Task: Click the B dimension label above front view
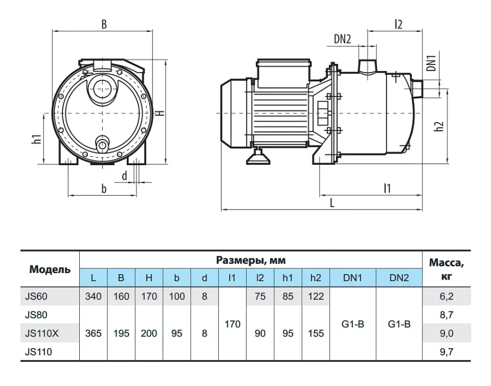[x=104, y=24]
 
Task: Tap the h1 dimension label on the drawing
[x=37, y=139]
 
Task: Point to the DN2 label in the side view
[x=342, y=39]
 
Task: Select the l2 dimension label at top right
[x=398, y=24]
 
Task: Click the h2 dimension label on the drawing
[x=439, y=126]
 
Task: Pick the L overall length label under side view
[x=332, y=203]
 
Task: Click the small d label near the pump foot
[x=125, y=176]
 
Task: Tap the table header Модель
[x=50, y=269]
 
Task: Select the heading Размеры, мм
[x=251, y=260]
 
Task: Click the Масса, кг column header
[x=446, y=269]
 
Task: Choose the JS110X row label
[x=41, y=333]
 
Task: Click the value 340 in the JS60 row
[x=93, y=296]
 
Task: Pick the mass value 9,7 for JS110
[x=446, y=352]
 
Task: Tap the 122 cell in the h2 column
[x=316, y=296]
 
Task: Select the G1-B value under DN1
[x=352, y=324]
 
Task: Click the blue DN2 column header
[x=399, y=278]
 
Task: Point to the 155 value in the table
[x=316, y=333]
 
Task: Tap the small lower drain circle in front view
[x=102, y=145]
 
